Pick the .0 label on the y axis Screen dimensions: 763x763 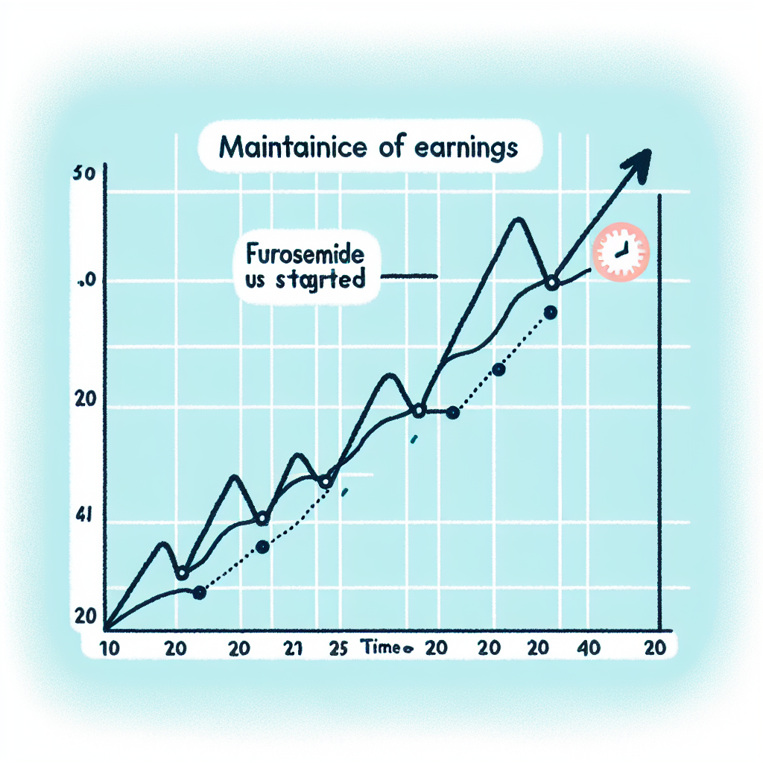[84, 282]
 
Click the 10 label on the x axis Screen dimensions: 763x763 [110, 648]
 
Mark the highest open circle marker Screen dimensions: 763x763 [551, 283]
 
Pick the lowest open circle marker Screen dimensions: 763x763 [182, 573]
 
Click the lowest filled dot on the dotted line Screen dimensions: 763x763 [198, 593]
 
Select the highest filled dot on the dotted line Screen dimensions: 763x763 [551, 313]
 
